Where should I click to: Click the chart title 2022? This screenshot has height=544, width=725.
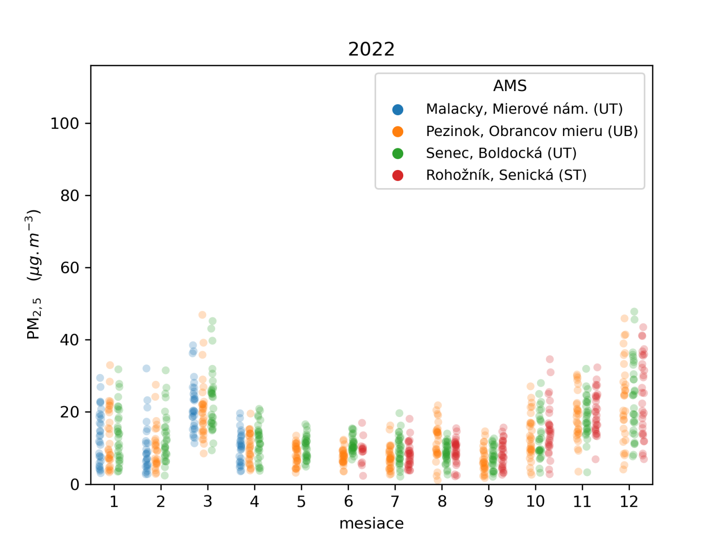pos(371,49)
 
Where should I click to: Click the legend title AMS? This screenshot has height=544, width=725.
pos(510,86)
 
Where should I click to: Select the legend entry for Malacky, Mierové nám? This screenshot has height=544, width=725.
pos(524,109)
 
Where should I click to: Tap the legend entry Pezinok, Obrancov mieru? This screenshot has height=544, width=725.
pos(532,131)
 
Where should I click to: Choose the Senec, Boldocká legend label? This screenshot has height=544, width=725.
pos(501,153)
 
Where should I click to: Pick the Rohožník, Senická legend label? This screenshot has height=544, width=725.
pos(506,175)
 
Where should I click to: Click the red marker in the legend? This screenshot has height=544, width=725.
pos(398,175)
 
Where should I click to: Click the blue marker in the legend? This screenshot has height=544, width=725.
pos(398,109)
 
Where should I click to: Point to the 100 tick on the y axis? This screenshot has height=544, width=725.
pos(64,123)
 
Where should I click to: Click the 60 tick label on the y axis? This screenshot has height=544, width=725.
pos(69,268)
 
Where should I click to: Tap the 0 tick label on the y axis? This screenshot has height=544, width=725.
pos(75,485)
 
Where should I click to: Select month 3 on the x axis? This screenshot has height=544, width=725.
pos(208,502)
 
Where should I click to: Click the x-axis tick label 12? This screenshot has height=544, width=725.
pos(629,502)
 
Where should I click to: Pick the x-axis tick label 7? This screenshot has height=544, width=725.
pos(395,502)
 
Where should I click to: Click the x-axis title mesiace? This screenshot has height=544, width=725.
pos(371,524)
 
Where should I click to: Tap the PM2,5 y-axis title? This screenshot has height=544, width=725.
pos(34,274)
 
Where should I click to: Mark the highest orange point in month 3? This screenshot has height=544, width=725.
pos(202,315)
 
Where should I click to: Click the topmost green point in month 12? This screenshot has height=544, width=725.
pos(634,312)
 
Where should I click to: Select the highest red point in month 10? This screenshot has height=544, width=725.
pos(550,359)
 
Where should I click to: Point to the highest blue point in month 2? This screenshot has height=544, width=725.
pos(146,368)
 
